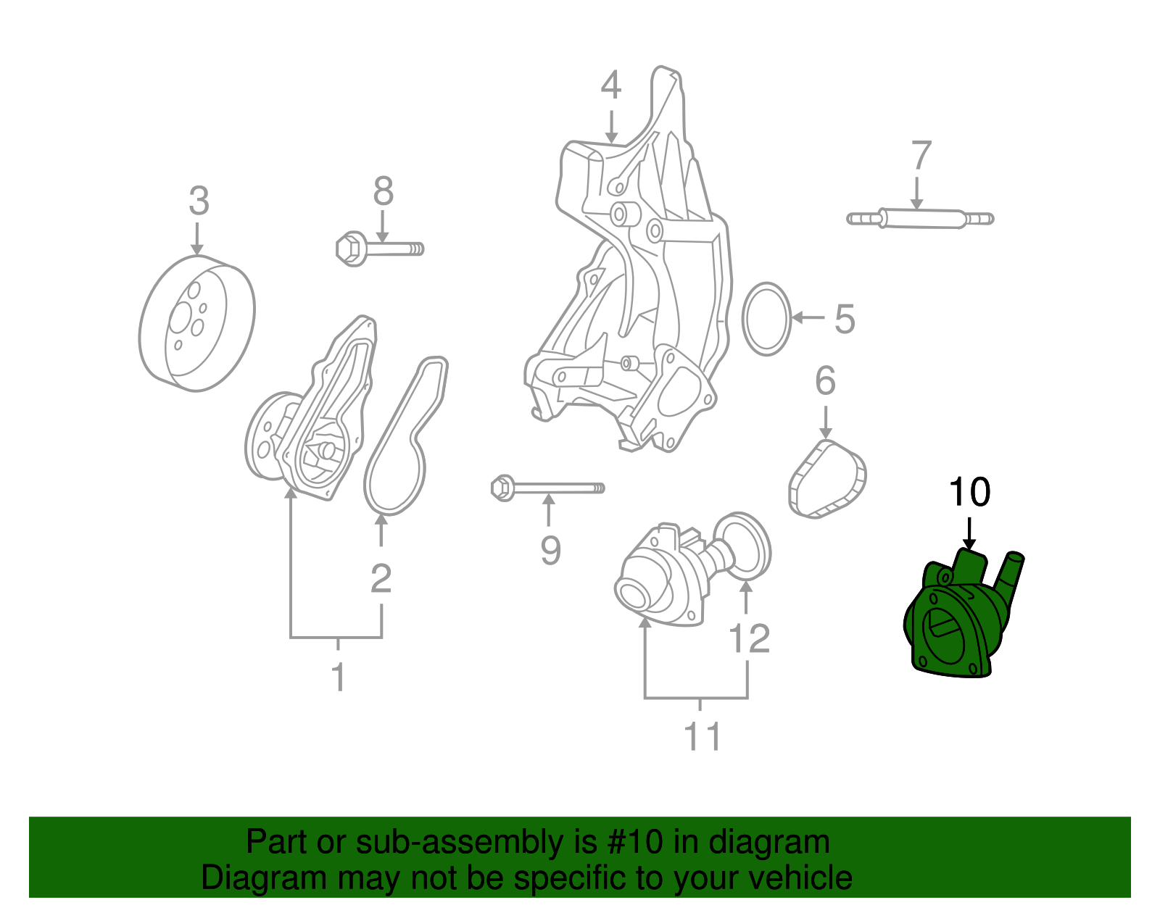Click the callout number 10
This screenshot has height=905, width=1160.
pyautogui.click(x=969, y=493)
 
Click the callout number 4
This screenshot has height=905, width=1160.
pyautogui.click(x=610, y=86)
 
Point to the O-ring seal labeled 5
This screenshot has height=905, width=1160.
pyautogui.click(x=766, y=319)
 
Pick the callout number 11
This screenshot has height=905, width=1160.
pyautogui.click(x=702, y=737)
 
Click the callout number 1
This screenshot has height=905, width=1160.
pyautogui.click(x=338, y=677)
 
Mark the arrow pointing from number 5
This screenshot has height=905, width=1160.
pyautogui.click(x=808, y=317)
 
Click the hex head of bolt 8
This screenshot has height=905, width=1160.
pyautogui.click(x=352, y=249)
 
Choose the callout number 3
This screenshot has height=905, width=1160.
pyautogui.click(x=199, y=201)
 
